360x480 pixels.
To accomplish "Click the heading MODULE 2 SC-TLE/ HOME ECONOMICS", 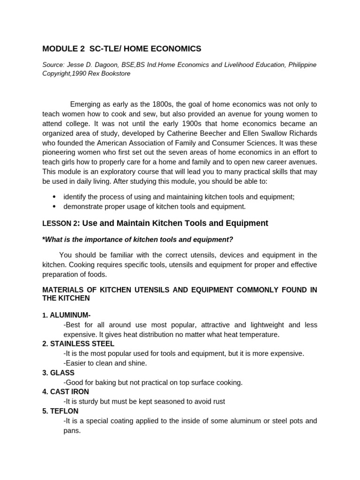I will (121, 49).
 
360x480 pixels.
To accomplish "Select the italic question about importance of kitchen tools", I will (137, 240).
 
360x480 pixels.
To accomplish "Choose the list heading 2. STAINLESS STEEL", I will (78, 344).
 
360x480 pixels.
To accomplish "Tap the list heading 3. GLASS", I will (58, 373).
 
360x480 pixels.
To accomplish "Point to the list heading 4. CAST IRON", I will (65, 392).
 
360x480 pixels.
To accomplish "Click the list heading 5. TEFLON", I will (60, 411).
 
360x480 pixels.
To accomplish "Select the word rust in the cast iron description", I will (218, 401).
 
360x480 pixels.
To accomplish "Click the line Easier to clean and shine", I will (105, 363).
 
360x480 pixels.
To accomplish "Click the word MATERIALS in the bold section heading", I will (64, 290).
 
